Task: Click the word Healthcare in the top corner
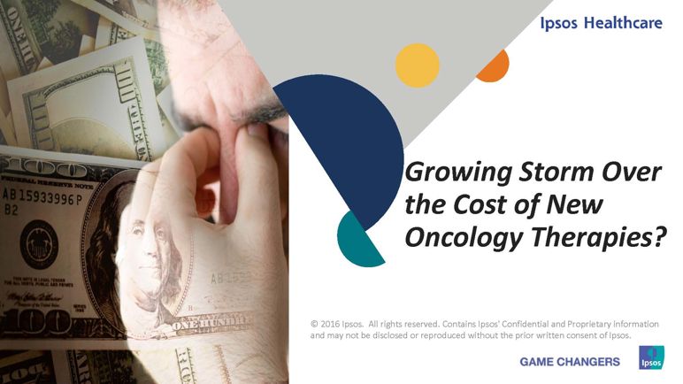coord(623,23)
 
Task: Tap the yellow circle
coord(418,65)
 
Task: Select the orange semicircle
coord(495,67)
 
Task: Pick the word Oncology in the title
coord(464,238)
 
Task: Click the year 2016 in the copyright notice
coord(330,325)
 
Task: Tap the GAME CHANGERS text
coord(570,362)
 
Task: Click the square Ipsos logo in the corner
coord(652,357)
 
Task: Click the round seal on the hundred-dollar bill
coord(39,244)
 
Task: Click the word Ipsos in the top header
coord(558,24)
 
